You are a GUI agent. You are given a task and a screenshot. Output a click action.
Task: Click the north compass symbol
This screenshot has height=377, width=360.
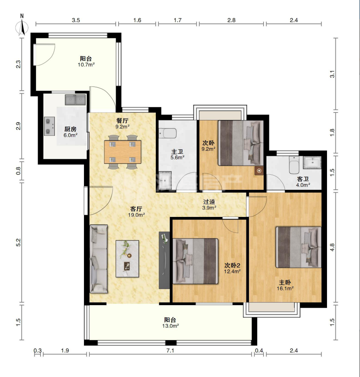(x=22, y=27)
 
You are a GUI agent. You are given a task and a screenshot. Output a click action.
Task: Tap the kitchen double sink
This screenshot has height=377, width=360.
(x=75, y=100)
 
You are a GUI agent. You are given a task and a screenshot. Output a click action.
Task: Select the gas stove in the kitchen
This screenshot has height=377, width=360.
(x=49, y=126)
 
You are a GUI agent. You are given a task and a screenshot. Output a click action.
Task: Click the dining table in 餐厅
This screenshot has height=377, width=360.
(x=122, y=152)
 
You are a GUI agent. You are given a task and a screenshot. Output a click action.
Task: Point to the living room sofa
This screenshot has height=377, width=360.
(x=99, y=259)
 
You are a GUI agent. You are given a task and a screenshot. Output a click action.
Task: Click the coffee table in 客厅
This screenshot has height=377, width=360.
(x=127, y=259)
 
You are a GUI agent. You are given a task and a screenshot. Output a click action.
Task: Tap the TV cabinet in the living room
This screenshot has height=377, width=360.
(x=165, y=260)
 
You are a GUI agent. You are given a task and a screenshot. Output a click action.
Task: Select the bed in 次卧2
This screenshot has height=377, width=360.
(x=195, y=261)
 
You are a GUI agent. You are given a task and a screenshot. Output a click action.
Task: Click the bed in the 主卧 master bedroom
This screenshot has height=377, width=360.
(x=299, y=247)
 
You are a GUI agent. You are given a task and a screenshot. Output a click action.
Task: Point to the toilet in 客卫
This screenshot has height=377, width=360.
(x=294, y=165)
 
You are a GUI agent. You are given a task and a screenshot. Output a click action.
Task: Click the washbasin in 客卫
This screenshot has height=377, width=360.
(x=312, y=162)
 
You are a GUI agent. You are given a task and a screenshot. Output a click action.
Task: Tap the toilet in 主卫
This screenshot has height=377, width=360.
(x=168, y=133)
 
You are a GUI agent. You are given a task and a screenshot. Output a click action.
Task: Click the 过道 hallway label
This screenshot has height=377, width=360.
(x=209, y=202)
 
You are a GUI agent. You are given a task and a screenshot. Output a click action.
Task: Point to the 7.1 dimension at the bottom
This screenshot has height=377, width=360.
(x=170, y=351)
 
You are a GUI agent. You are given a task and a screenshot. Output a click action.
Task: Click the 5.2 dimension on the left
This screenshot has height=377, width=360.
(x=19, y=242)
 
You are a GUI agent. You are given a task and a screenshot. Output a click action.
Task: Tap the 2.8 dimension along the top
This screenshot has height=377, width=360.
(x=231, y=20)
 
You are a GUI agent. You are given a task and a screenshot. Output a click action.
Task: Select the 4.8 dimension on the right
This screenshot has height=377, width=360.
(x=332, y=247)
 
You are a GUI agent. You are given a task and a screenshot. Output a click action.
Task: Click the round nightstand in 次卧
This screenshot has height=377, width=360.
(x=259, y=171)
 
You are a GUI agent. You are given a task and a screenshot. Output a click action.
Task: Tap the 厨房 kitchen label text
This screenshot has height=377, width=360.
(x=71, y=129)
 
